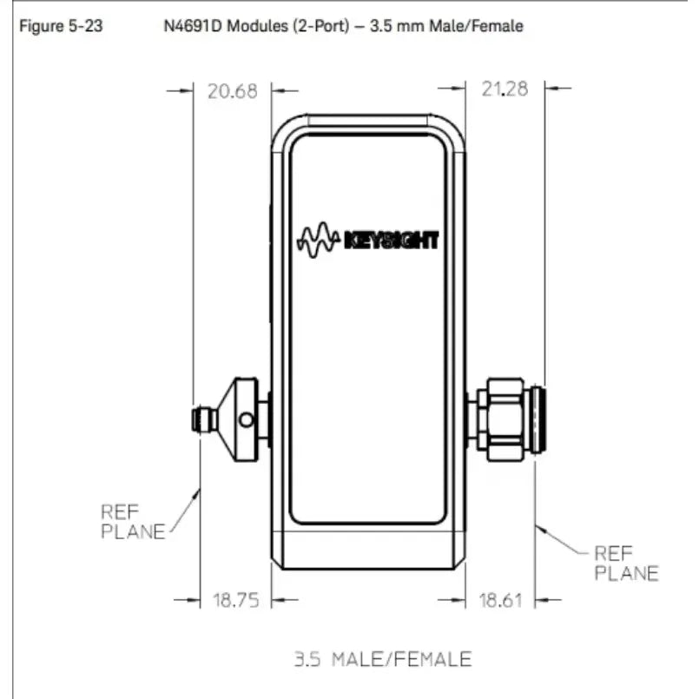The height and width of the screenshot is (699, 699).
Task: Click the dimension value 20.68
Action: coord(233,91)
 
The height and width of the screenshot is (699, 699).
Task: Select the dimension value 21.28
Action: coord(504,89)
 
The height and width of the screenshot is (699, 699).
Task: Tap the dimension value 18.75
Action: coord(236,600)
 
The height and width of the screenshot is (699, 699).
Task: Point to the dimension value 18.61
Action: coord(501,601)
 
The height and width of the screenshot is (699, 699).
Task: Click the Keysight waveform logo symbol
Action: coord(318,240)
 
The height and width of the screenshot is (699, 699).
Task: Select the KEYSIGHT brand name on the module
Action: coord(392,241)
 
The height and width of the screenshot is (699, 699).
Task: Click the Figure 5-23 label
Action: coord(61,26)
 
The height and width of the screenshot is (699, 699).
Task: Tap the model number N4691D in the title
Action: coord(193,26)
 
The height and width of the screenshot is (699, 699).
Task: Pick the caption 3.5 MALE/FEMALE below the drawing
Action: coord(383,659)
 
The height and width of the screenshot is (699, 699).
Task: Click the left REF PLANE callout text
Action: coord(133,522)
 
